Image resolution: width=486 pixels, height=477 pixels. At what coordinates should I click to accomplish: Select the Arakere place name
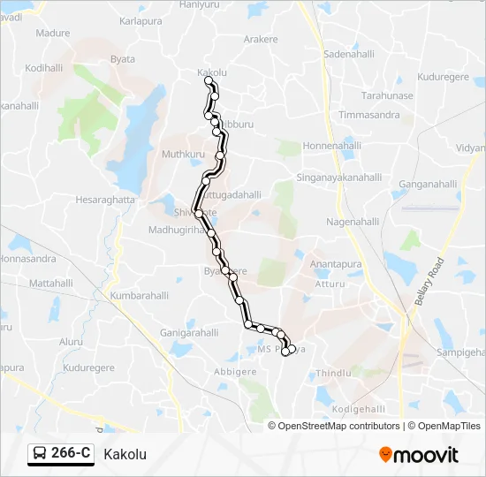pos(261,40)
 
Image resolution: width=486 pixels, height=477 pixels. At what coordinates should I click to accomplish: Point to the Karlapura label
pos(141,19)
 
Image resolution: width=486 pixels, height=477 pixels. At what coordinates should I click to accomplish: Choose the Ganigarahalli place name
pos(189,333)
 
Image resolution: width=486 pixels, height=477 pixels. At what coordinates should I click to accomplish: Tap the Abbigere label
pos(235,372)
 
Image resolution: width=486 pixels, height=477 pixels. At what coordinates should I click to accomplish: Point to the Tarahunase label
pos(387,95)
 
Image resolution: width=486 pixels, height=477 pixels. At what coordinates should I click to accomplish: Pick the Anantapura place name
pos(336,264)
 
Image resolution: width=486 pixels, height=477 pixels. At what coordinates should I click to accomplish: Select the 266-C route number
pos(71,454)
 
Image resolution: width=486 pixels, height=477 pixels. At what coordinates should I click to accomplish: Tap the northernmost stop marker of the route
pos(209,81)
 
